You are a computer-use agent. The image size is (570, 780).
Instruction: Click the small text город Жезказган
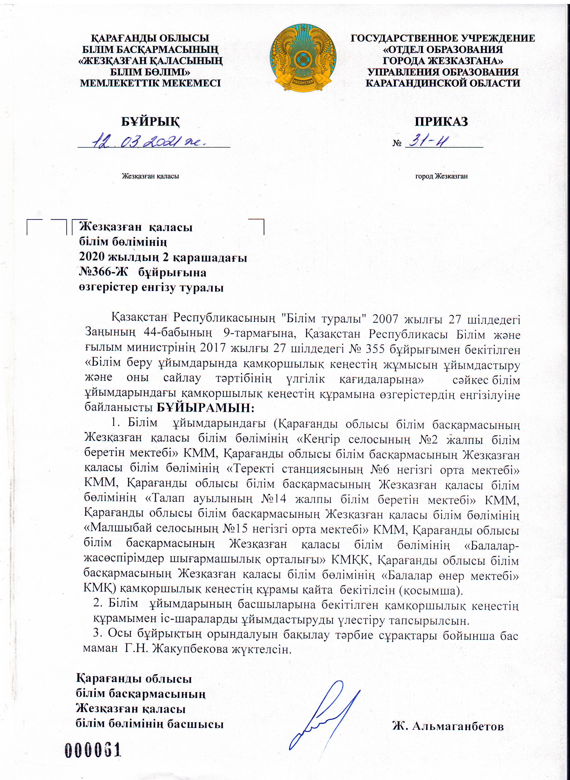(441, 176)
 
